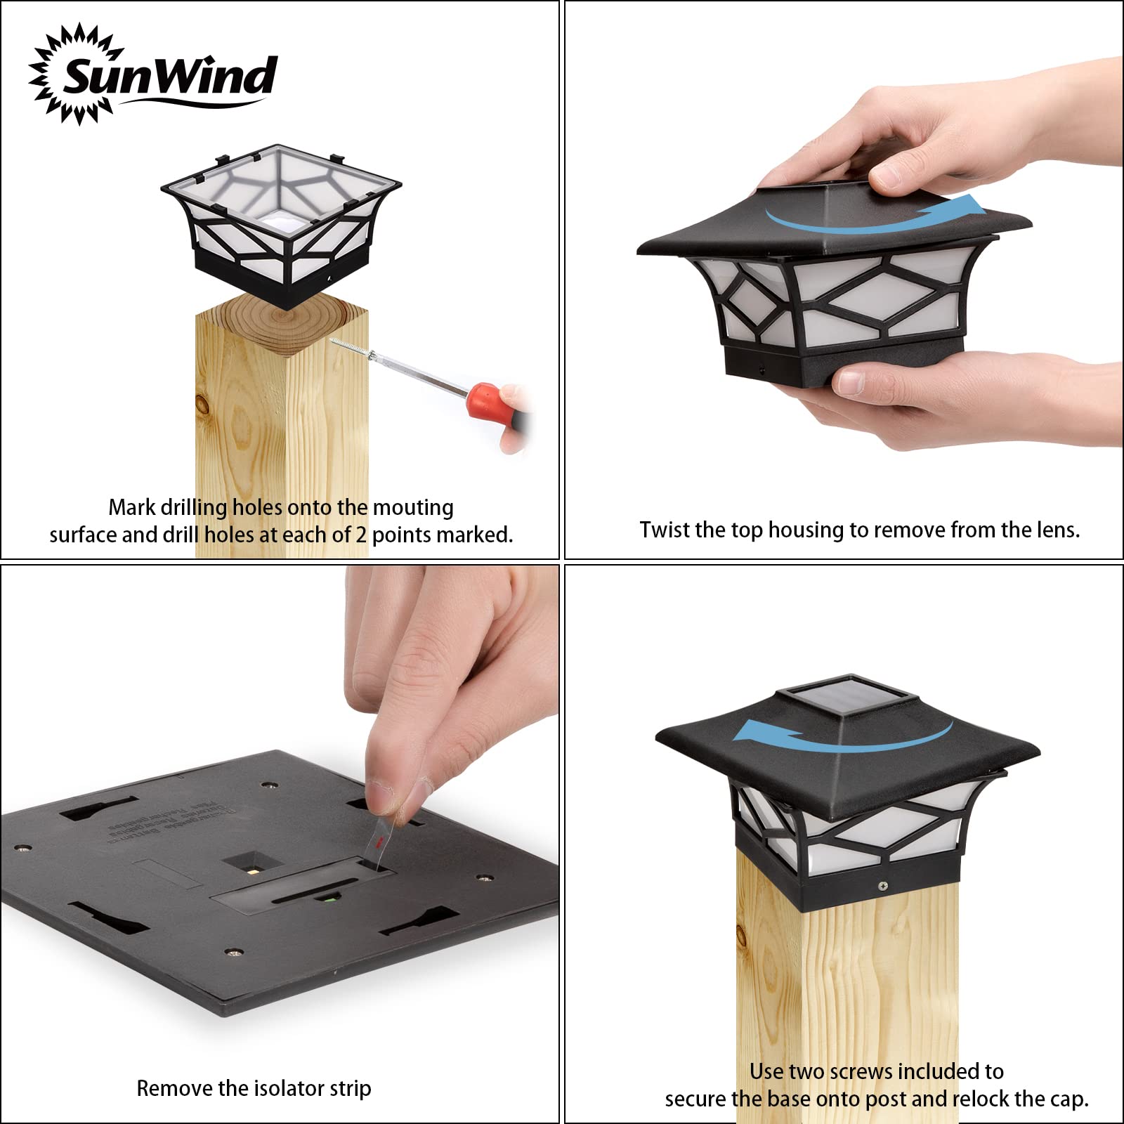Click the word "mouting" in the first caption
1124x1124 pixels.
click(x=413, y=507)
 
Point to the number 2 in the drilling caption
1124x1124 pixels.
click(x=360, y=535)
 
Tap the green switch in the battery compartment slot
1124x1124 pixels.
click(x=325, y=897)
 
